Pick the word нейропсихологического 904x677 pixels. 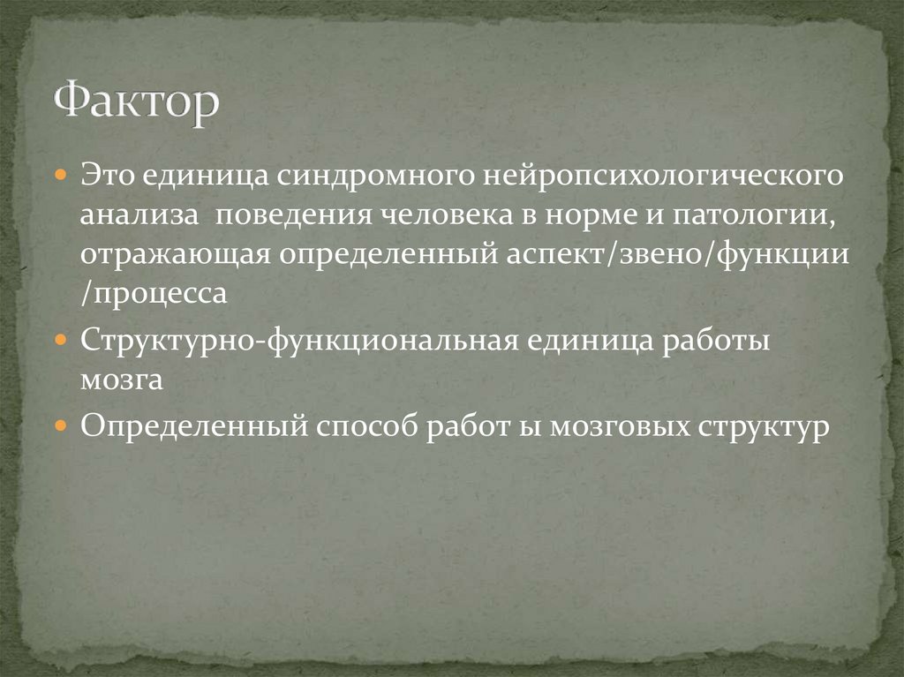tap(661, 177)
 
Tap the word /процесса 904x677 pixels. tap(154, 294)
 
